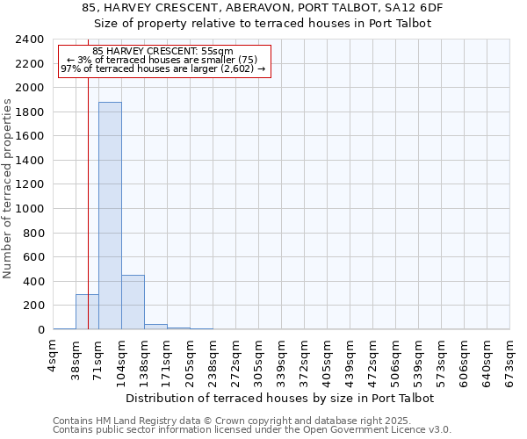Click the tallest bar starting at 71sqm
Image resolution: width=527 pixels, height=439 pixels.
click(x=110, y=215)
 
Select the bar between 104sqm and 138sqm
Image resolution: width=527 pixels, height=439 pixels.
click(x=133, y=302)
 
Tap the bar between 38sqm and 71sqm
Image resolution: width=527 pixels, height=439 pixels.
click(x=87, y=312)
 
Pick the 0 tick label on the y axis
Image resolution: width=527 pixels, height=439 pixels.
click(x=40, y=330)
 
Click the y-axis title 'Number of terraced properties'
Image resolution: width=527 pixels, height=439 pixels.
click(x=8, y=189)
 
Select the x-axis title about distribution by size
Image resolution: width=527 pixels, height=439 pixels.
click(x=280, y=398)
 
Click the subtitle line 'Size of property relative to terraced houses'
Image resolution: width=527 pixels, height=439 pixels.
click(x=263, y=24)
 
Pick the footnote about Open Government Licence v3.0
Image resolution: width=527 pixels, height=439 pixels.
click(x=252, y=430)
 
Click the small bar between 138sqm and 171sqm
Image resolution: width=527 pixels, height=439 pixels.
click(x=155, y=327)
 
